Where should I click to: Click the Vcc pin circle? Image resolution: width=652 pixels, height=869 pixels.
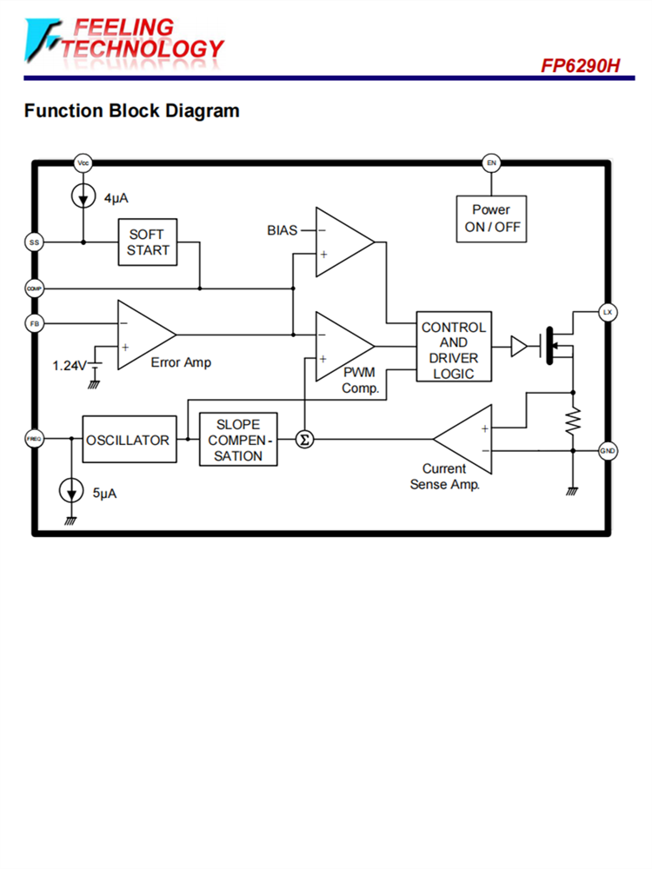click(83, 163)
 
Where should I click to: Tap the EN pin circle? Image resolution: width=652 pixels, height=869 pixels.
click(491, 163)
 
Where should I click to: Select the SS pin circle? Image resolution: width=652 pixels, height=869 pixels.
click(35, 242)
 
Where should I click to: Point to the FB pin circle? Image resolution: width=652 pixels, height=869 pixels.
click(35, 323)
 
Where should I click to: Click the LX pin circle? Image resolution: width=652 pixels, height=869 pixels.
click(608, 312)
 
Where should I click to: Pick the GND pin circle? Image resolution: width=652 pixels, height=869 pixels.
click(608, 450)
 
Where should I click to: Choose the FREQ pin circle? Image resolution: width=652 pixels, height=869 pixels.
click(35, 440)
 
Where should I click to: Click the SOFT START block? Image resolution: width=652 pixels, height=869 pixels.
click(148, 242)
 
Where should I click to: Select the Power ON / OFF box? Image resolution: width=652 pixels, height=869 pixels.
click(491, 218)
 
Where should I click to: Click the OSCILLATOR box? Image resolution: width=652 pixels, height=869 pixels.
click(128, 440)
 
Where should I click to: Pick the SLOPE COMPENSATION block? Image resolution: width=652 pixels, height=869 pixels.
click(238, 440)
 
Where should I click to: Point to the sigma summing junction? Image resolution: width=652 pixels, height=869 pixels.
click(304, 440)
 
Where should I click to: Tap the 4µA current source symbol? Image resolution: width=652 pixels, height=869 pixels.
click(83, 197)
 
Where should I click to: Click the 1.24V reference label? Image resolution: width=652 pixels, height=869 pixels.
click(70, 365)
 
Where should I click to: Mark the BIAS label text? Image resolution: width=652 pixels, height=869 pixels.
click(283, 230)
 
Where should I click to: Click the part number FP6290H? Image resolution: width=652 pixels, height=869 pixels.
click(581, 66)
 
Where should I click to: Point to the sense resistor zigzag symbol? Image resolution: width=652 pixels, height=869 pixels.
click(573, 421)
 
